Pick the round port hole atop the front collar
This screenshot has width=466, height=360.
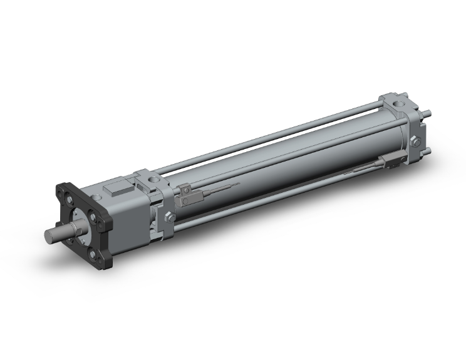click(152, 182)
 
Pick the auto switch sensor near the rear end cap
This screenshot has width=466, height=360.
click(392, 161)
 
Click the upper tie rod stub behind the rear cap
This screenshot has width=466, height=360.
click(428, 114)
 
